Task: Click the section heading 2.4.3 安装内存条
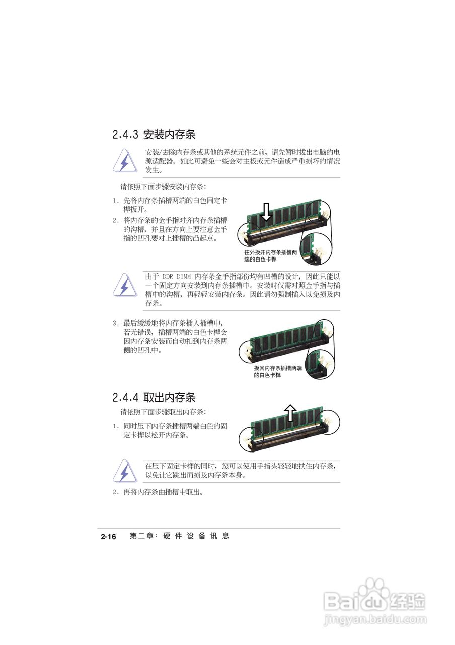pyautogui.click(x=154, y=135)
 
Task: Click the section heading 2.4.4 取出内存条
pyautogui.click(x=154, y=397)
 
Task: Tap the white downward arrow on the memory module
pyautogui.click(x=267, y=212)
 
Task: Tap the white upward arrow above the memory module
pyautogui.click(x=290, y=412)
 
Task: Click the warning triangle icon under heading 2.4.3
pyautogui.click(x=124, y=161)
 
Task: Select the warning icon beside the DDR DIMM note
pyautogui.click(x=124, y=285)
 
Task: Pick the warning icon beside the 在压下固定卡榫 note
pyautogui.click(x=124, y=471)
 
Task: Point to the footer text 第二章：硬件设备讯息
pyautogui.click(x=179, y=536)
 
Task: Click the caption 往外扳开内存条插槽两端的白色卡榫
pyautogui.click(x=270, y=255)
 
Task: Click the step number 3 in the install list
pyautogui.click(x=115, y=323)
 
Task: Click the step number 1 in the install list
pyautogui.click(x=115, y=201)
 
